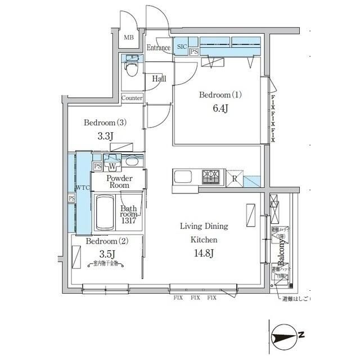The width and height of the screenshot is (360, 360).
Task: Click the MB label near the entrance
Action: coord(129,38)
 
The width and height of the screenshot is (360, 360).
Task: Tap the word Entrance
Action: coord(158,48)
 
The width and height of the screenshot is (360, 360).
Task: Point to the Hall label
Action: coord(159,79)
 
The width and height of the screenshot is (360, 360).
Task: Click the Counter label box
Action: coord(132,98)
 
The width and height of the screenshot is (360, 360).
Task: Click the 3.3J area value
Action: coord(106,136)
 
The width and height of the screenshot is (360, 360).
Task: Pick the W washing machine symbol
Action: coord(112,166)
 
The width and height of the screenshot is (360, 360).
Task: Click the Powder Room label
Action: coord(119,181)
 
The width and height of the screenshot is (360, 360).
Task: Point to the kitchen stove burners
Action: coord(213,177)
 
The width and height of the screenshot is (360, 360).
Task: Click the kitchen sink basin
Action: coord(184,177)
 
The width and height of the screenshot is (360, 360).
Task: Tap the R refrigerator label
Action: coord(234,178)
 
